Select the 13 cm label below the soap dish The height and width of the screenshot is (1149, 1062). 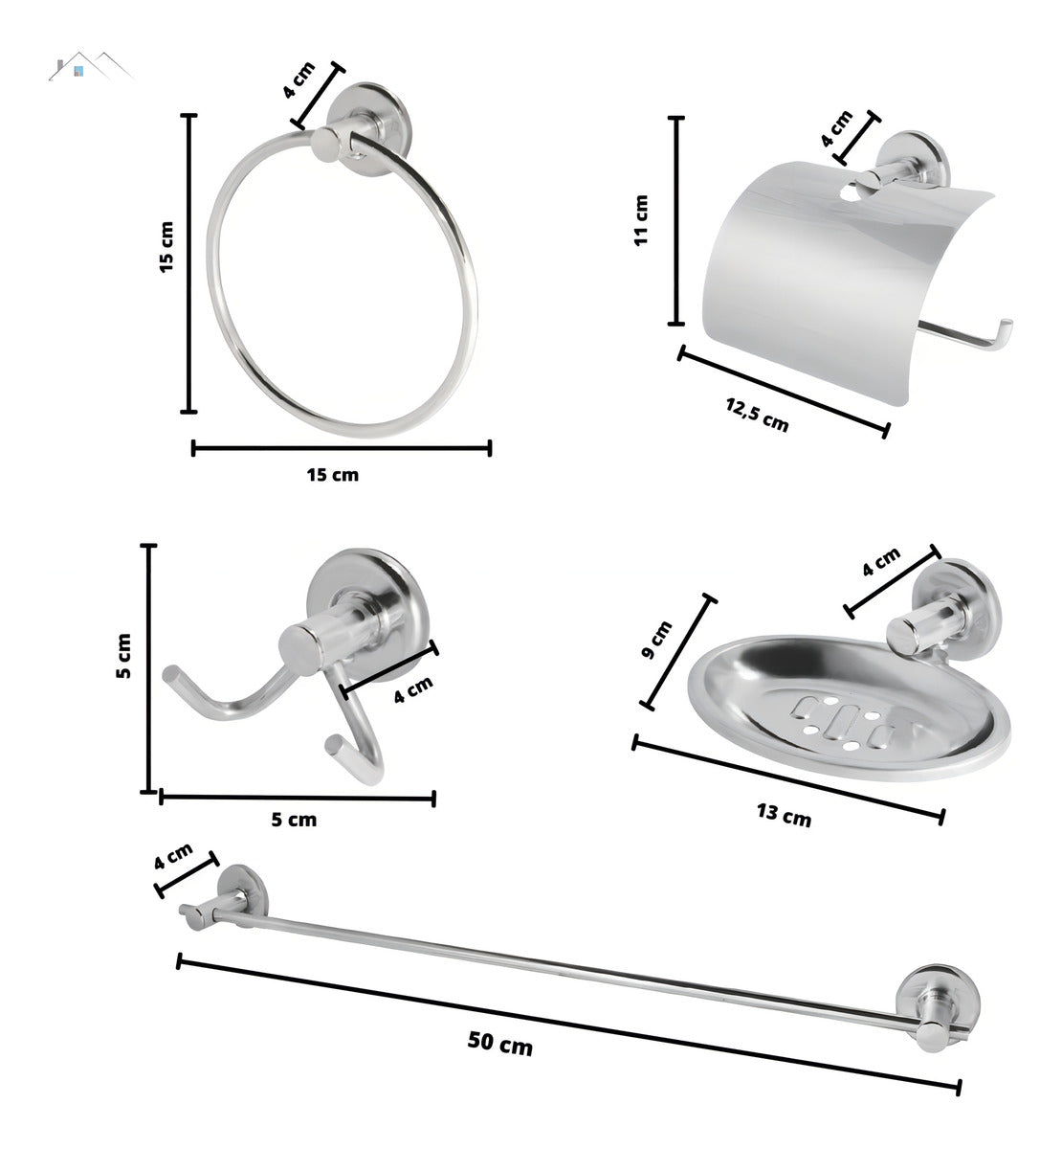[x=783, y=815]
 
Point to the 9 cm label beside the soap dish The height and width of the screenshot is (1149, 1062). [x=658, y=639]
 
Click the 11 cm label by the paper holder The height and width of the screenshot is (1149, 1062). [x=641, y=220]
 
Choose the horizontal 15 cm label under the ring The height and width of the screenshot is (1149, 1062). [x=332, y=474]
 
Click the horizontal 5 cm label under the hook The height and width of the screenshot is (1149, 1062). [x=294, y=820]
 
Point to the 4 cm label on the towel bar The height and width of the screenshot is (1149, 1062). [x=173, y=855]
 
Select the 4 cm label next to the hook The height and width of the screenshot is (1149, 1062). [x=413, y=688]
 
